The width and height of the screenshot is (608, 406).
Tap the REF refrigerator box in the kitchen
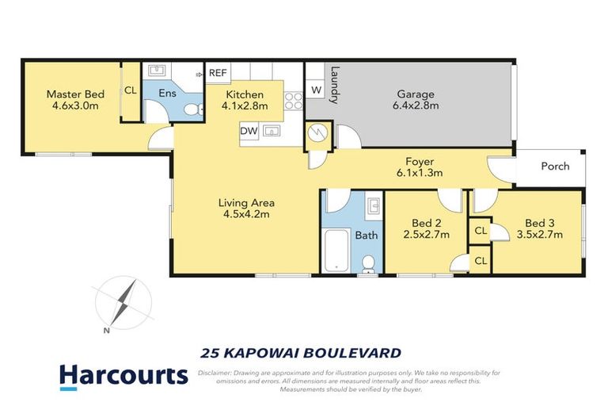[218, 73]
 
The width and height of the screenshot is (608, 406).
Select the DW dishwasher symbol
[248, 130]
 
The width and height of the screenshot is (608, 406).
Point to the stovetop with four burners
[294, 100]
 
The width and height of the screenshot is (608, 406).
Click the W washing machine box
[316, 90]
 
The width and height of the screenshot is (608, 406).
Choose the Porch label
[555, 167]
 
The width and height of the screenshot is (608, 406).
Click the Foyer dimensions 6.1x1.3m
[419, 172]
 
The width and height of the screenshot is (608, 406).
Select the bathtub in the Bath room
[336, 248]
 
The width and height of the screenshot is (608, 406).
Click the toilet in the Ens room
[191, 109]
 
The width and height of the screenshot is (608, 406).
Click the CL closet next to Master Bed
[131, 90]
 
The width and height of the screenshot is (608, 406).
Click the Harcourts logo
[123, 374]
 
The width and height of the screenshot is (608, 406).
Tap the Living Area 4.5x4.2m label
[246, 208]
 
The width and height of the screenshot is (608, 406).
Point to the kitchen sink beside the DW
[272, 130]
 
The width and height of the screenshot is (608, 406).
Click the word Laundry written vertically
[336, 84]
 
